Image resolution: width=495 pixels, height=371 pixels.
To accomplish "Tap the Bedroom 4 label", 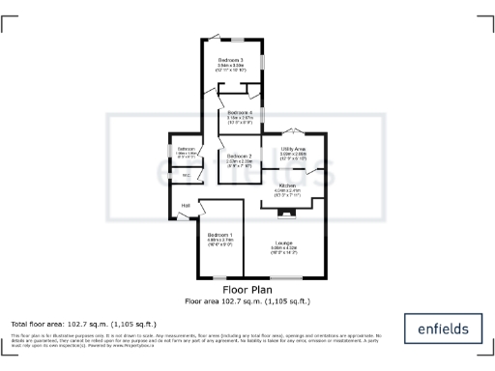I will coord(240,113).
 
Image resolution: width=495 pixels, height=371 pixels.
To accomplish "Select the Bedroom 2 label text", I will coord(240,156).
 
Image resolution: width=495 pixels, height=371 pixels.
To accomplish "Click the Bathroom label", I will coord(186,148).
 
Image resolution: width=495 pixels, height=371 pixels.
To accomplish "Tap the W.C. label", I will coord(186,175).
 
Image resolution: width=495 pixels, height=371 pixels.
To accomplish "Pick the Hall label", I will coord(185,205).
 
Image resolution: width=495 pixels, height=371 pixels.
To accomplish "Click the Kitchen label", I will coord(287,185).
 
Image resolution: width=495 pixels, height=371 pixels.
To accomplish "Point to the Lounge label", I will coord(283,242).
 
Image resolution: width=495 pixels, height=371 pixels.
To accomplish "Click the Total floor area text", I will coord(83,324).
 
